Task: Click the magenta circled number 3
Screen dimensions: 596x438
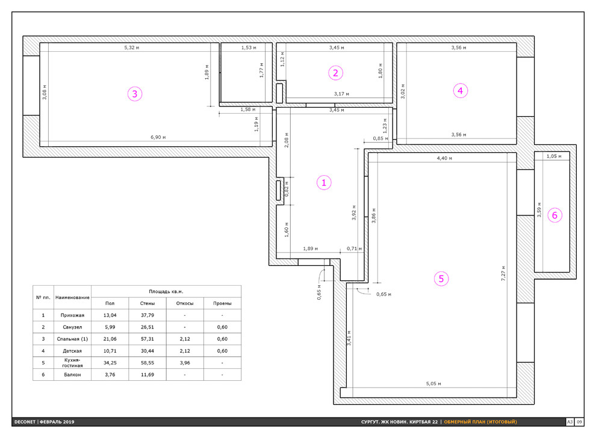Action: pos(135,94)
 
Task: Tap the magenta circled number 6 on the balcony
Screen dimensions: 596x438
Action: pos(554,215)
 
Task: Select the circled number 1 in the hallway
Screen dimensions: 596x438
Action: pos(324,183)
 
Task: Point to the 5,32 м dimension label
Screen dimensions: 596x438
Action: pos(131,48)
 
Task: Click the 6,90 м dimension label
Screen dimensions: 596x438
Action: pos(158,137)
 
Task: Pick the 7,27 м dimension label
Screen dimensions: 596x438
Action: pos(503,273)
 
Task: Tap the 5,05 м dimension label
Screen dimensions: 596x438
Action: pos(433,384)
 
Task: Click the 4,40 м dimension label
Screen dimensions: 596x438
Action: pos(444,158)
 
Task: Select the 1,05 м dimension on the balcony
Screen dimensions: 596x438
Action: pos(554,156)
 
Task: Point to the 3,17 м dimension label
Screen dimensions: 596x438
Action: pos(341,94)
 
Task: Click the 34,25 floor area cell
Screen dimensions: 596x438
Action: pos(110,363)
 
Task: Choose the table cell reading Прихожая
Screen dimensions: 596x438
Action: pos(72,315)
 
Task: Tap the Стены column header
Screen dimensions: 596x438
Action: pos(147,303)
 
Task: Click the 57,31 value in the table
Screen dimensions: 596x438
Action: pos(147,339)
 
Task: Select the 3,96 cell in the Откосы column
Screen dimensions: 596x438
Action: pos(185,363)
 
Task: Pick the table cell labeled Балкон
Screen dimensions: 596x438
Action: pos(72,375)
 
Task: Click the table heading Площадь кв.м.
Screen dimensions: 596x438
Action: pos(166,291)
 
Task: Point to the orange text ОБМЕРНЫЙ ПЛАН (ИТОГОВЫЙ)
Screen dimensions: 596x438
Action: pos(480,422)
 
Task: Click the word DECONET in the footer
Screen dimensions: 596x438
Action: pos(25,422)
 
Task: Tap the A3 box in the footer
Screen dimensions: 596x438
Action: pos(570,422)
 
